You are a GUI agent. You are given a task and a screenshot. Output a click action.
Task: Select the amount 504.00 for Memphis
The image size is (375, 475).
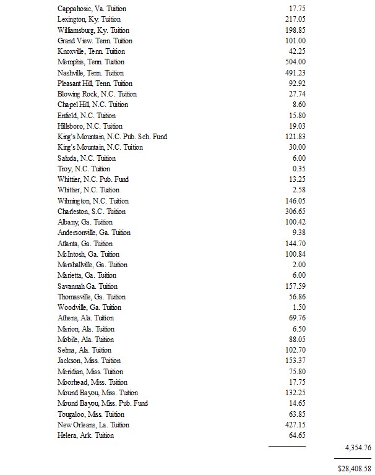coord(293,62)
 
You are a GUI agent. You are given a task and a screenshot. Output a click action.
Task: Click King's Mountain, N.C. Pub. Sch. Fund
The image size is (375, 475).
coord(112,137)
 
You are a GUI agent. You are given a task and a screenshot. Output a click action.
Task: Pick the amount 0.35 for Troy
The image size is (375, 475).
coord(299,169)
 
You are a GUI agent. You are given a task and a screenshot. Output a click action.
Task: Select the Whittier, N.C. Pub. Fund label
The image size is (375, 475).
coord(93,179)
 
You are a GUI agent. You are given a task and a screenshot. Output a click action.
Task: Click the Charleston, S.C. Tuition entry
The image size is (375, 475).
coord(91,212)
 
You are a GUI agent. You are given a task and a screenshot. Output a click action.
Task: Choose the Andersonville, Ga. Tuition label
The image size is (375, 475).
coord(94,233)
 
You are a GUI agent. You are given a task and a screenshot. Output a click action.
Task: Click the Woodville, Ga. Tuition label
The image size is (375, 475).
coord(89,307)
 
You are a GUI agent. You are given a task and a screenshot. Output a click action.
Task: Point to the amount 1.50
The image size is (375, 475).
coord(299,307)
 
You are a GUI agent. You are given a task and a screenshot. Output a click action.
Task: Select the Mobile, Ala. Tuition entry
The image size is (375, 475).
coord(85,340)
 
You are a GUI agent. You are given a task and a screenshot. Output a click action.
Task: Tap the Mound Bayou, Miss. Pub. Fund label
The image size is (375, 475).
coord(103,403)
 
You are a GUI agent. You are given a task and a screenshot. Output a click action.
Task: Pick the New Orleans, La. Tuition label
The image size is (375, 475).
coord(93,425)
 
